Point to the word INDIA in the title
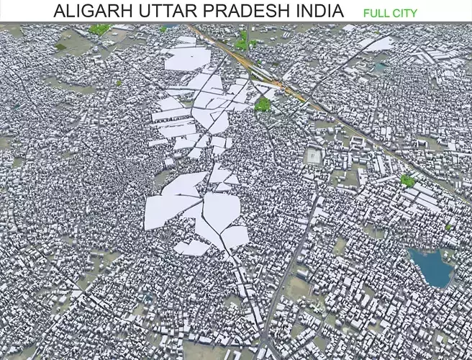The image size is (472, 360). coord(317,12)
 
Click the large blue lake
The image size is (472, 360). coord(431,266)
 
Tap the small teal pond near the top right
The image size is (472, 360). coord(379,67)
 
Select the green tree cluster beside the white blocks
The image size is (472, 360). coord(263,104)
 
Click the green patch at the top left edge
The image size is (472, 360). coord(99,30)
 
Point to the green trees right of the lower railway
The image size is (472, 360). coord(407,180)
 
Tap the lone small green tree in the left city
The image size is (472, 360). coord(119,83)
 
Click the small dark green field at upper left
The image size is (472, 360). coord(61,47)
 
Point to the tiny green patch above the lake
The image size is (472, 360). coord(448,227)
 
